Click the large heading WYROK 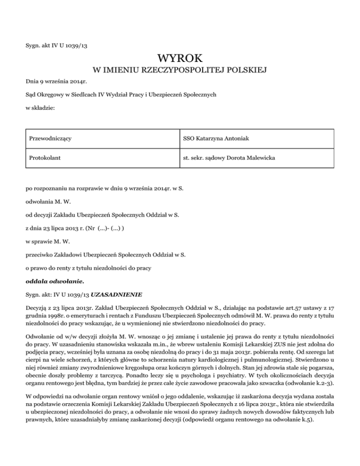(x=180, y=60)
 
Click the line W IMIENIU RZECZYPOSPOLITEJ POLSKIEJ (x=180, y=71)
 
